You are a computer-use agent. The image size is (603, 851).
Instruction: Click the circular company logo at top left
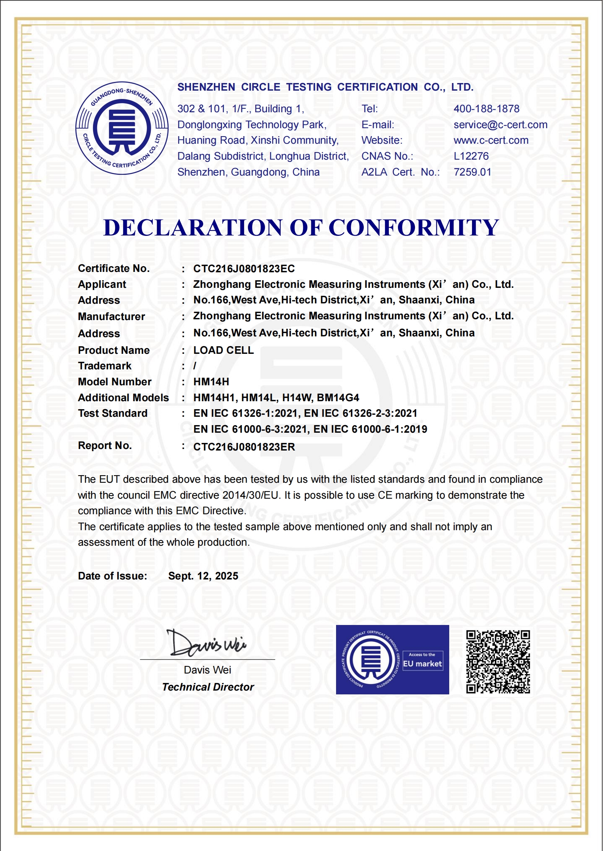[122, 128]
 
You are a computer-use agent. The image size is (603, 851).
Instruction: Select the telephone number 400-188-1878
[486, 109]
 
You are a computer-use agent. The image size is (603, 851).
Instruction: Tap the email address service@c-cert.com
[500, 125]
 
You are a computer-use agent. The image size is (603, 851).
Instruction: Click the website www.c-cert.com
[491, 140]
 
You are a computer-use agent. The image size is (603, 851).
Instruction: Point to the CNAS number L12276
[471, 156]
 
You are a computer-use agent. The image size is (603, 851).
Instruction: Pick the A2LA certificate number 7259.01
[472, 172]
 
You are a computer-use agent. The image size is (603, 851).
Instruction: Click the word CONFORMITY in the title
[414, 228]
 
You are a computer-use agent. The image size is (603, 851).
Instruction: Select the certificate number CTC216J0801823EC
[244, 269]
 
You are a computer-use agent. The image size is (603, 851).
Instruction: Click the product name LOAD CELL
[223, 350]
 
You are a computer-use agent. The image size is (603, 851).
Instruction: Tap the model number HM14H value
[211, 382]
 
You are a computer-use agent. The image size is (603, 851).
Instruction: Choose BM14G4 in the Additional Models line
[338, 398]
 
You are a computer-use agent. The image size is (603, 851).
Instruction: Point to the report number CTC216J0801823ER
[244, 447]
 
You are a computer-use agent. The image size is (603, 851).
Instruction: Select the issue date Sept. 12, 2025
[203, 576]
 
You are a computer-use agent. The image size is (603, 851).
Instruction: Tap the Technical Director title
[208, 687]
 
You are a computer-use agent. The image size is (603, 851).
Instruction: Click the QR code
[498, 662]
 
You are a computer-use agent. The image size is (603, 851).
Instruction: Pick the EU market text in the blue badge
[422, 664]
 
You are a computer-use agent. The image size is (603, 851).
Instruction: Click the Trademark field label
[104, 366]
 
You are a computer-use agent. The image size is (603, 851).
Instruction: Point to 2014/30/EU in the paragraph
[251, 495]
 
